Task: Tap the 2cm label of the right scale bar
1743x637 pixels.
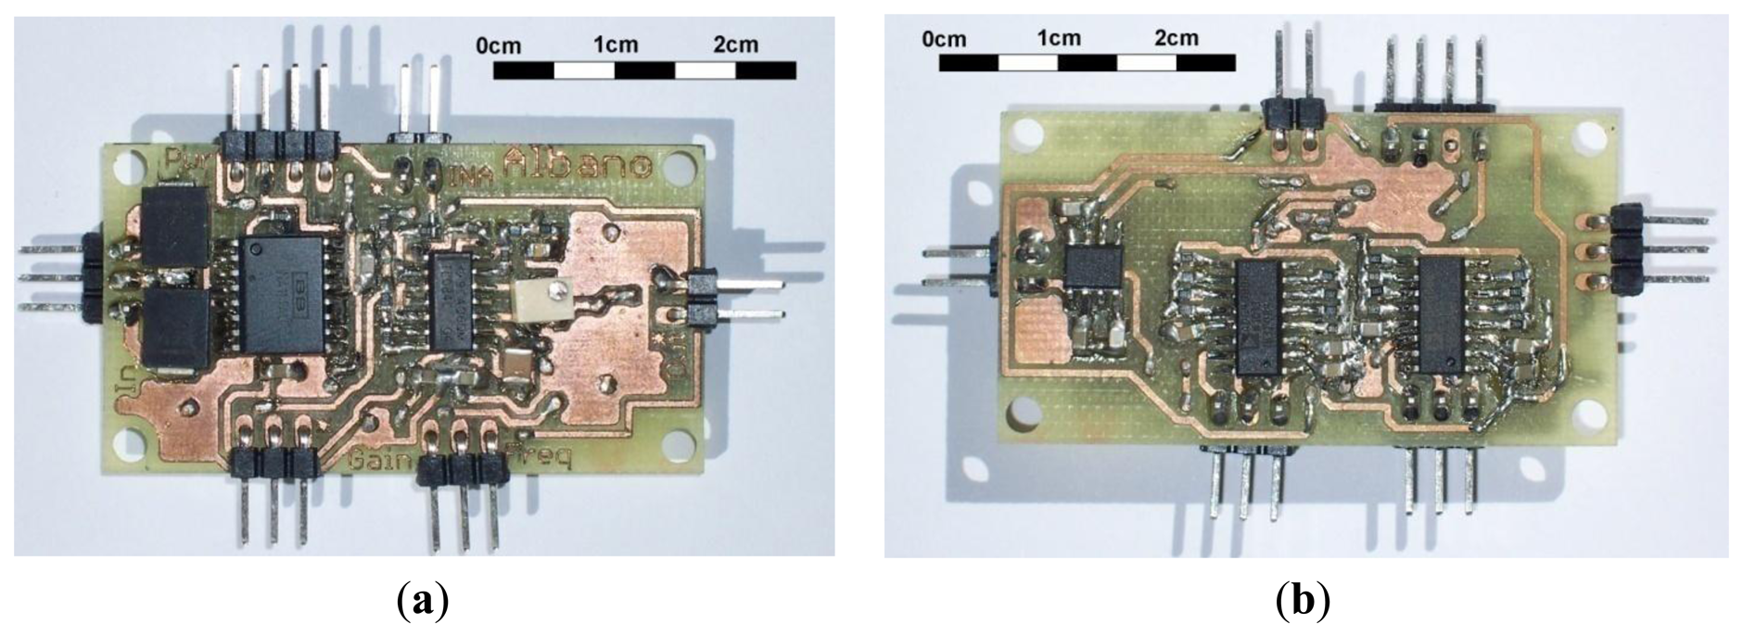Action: (x=1176, y=38)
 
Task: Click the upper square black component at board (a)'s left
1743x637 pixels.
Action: (x=175, y=226)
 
